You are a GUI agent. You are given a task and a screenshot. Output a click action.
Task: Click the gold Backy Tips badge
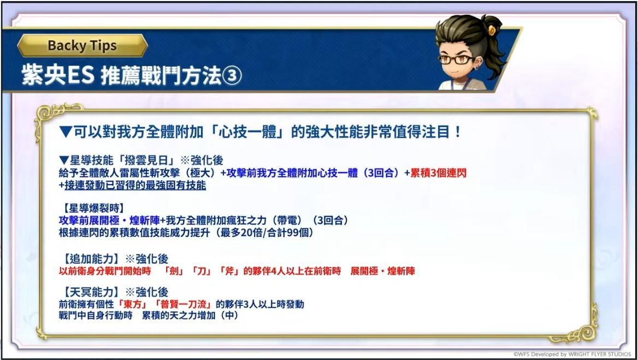[82, 45]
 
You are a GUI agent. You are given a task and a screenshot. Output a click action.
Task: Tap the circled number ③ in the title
[232, 76]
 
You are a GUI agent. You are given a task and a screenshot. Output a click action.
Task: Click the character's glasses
[456, 60]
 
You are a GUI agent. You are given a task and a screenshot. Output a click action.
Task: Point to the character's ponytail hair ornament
[492, 29]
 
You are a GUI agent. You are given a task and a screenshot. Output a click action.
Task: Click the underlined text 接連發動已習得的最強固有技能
[135, 186]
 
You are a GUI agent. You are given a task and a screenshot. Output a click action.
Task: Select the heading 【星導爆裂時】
[92, 209]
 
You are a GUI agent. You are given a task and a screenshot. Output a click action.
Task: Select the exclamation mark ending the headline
[458, 132]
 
